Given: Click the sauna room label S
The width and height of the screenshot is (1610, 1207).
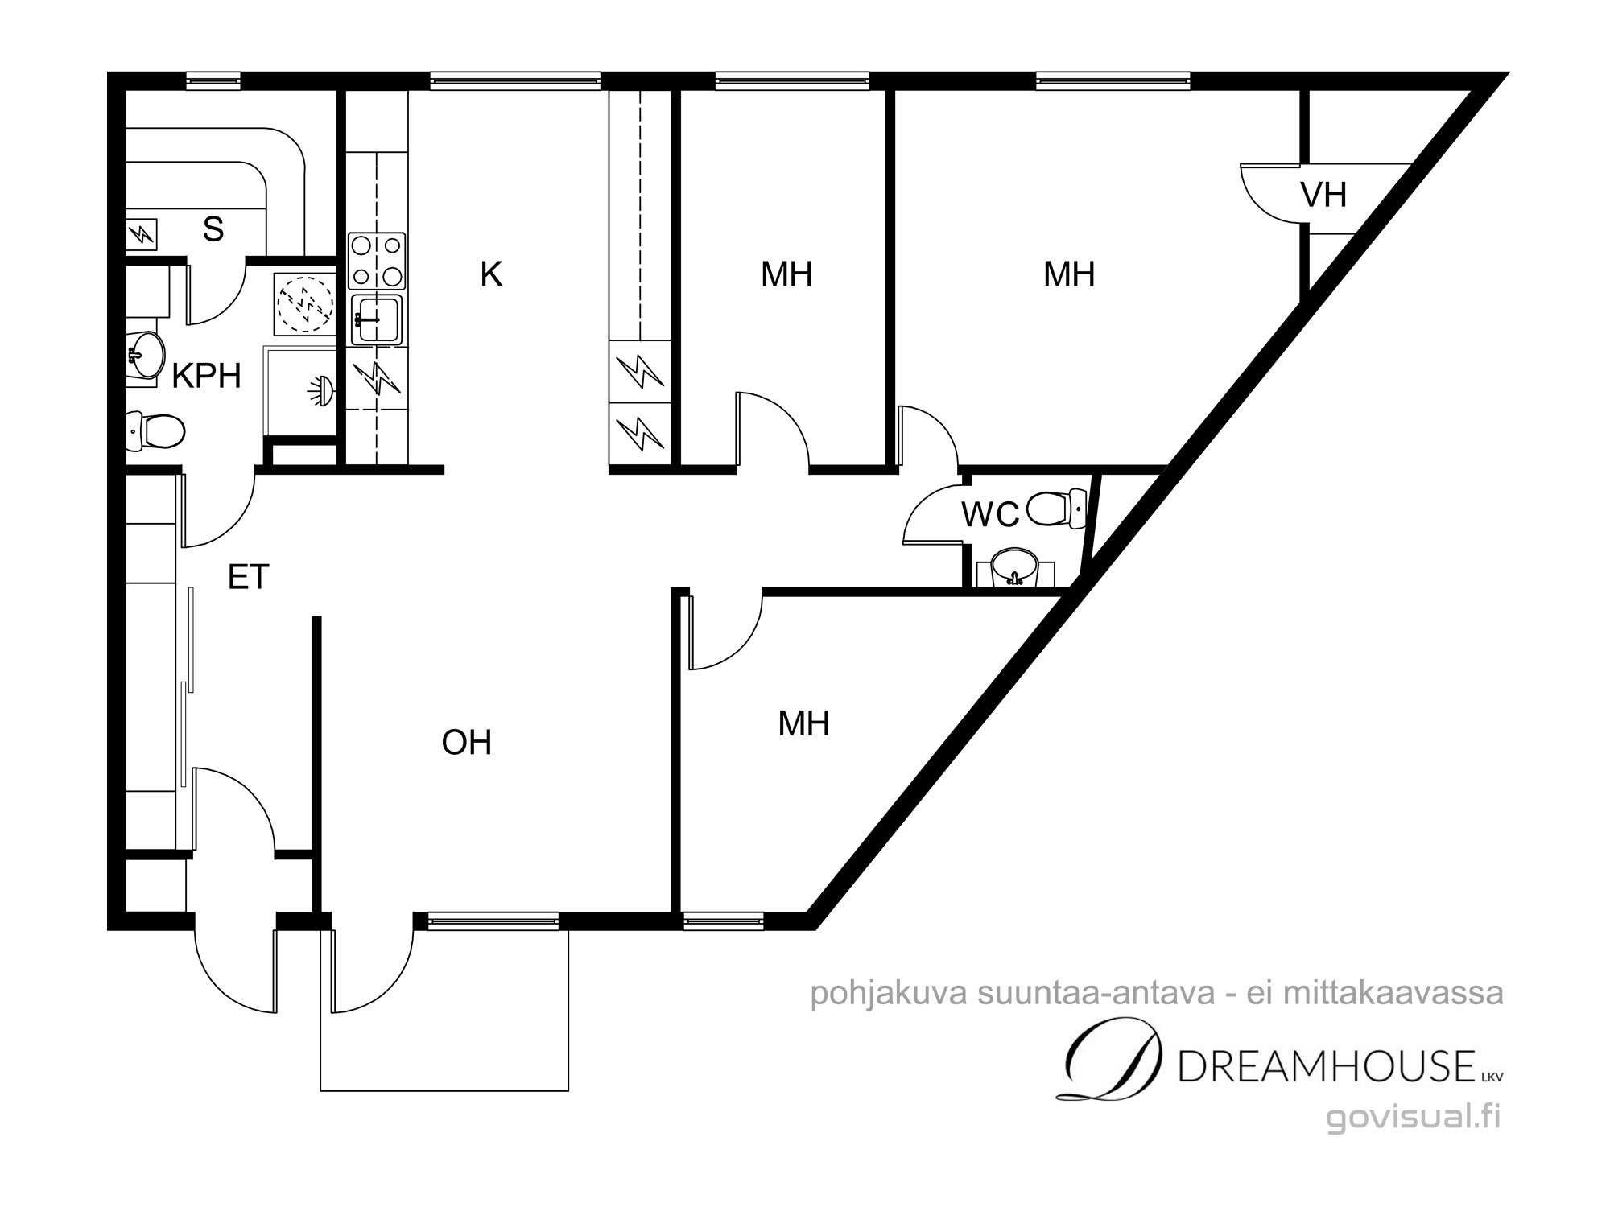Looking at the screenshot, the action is point(213,229).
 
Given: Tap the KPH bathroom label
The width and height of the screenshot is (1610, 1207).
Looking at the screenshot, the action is point(207,376).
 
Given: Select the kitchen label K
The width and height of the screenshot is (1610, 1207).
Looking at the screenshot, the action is point(491,274).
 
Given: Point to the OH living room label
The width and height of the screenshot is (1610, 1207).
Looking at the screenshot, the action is point(467,742).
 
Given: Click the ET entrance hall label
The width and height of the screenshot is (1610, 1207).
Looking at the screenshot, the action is point(248,577).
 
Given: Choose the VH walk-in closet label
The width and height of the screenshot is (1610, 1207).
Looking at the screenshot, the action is point(1323,195).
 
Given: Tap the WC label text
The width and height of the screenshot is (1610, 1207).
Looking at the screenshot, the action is point(990,514).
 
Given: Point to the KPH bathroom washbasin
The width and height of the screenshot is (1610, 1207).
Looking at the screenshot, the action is point(146,355).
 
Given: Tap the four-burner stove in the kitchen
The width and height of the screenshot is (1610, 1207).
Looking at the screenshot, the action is point(377,261).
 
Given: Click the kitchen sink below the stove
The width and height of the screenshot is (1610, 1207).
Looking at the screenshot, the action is point(377,319).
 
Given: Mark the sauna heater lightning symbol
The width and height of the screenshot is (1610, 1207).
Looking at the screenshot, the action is point(143,234).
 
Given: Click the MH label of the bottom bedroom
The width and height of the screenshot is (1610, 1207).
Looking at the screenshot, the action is point(803,723).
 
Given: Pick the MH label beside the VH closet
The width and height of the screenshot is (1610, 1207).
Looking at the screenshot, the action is point(1069,274).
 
